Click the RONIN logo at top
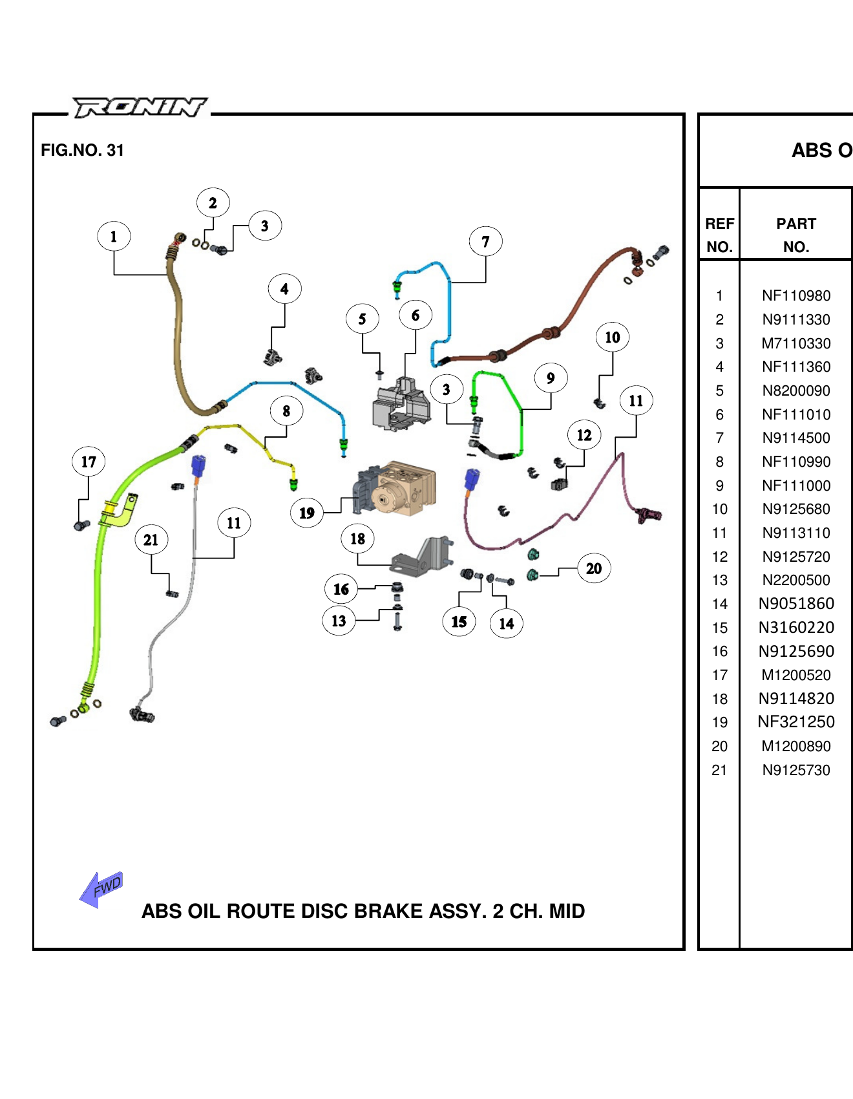pyautogui.click(x=140, y=107)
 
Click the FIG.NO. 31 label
pyautogui.click(x=82, y=151)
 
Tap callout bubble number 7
pyautogui.click(x=485, y=242)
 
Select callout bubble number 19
pyautogui.click(x=307, y=513)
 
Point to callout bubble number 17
pyautogui.click(x=89, y=462)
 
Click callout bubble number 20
pyautogui.click(x=594, y=569)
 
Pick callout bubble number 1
pyautogui.click(x=114, y=237)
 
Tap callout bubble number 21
pyautogui.click(x=151, y=540)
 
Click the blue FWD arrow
pyautogui.click(x=101, y=889)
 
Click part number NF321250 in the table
pyautogui.click(x=796, y=722)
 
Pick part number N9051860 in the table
pyautogui.click(x=796, y=604)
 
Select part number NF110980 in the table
pyautogui.click(x=796, y=296)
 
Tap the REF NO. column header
pyautogui.click(x=719, y=235)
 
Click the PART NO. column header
pyautogui.click(x=796, y=235)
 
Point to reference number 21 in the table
pyautogui.click(x=719, y=770)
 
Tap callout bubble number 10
pyautogui.click(x=613, y=337)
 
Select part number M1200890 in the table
pyautogui.click(x=796, y=746)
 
